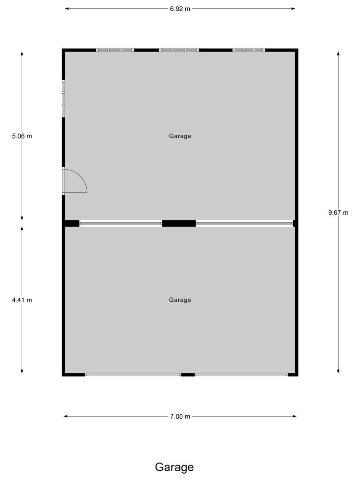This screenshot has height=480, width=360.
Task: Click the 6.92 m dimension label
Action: pos(180,9)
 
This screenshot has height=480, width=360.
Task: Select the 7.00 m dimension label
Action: pos(180,416)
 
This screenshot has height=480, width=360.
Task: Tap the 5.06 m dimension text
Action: pos(22,136)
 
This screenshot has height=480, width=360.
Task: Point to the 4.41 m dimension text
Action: pos(22,300)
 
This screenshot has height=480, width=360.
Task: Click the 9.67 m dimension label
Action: pos(338,213)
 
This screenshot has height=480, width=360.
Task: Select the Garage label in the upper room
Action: pos(180,136)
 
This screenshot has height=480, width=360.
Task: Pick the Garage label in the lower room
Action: pos(180,300)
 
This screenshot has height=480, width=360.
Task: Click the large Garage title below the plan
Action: pos(174,467)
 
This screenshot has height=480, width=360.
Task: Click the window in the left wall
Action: pos(64,99)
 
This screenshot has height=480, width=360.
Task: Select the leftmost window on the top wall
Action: pos(115,50)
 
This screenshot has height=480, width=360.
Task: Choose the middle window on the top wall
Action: pos(179,50)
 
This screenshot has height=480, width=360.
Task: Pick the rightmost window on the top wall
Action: pos(249,50)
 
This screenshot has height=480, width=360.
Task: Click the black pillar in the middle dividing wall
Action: pos(179,224)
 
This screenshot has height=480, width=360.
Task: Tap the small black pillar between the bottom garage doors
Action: pos(188,375)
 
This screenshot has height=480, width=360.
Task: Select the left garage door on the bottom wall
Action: pos(133,375)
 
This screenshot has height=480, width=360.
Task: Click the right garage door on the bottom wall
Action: pos(241,375)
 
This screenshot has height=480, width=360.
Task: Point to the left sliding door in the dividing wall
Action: pos(120,224)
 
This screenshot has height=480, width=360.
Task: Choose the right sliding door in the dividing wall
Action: pos(244,224)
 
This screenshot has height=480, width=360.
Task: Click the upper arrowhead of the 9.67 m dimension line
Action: pos(338,53)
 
